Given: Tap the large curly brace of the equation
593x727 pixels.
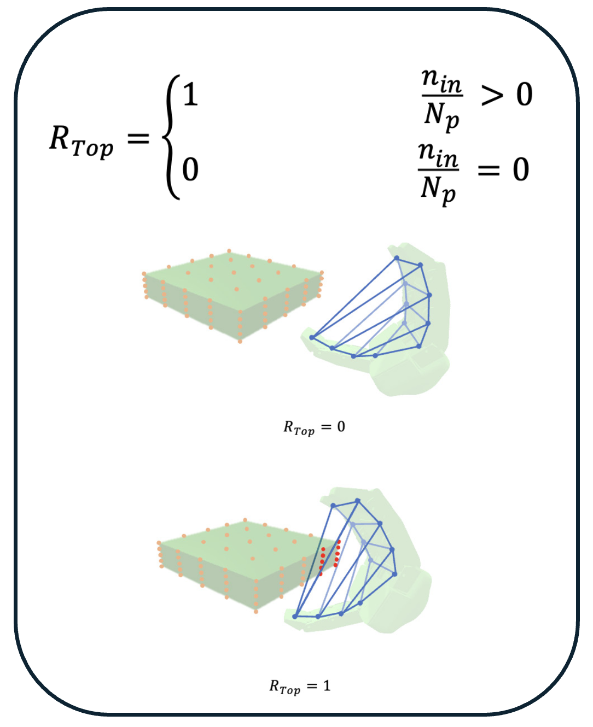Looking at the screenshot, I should point(172,137).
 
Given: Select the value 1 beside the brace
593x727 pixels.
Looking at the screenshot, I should point(190,95).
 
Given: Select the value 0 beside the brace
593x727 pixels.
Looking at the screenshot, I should point(190,169).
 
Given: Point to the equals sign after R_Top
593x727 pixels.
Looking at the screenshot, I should point(138,138).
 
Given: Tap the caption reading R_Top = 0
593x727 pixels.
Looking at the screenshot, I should point(314,427).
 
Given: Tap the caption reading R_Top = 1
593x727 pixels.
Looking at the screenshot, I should point(300,687).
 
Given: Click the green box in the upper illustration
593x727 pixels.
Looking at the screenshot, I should point(232,292).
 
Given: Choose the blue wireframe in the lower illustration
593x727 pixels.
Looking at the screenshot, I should point(350,563).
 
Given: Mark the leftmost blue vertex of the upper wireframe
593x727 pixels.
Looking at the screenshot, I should point(312,337).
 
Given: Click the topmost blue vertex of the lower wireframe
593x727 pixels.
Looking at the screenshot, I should point(357,500).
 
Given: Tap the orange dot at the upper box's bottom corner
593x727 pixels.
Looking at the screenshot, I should point(240,341).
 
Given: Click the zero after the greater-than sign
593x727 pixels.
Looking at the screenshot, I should point(525,95).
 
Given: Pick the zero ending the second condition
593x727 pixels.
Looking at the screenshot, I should point(521,169).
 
